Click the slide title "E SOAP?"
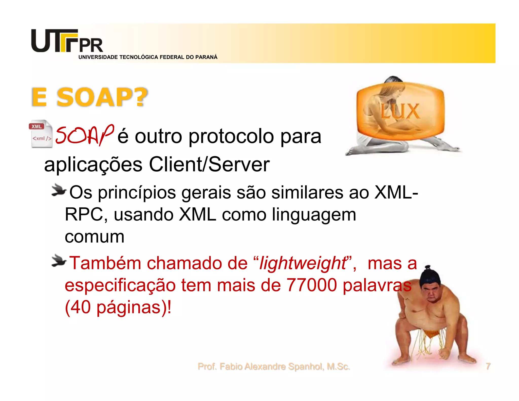tap(89, 97)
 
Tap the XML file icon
tap(41, 134)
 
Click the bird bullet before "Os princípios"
tap(59, 190)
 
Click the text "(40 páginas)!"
tap(118, 307)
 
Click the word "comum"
tap(95, 237)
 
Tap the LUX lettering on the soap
tap(400, 111)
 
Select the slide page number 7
tap(488, 366)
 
